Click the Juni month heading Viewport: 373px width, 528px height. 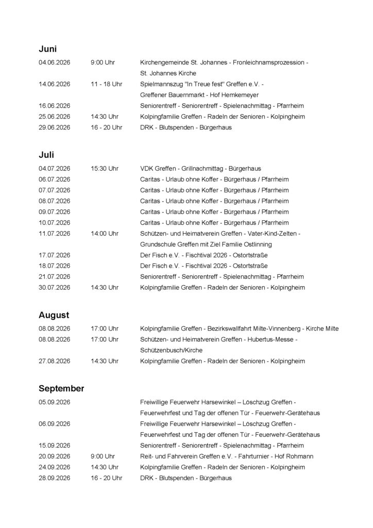point(47,49)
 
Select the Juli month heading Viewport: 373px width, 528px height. point(46,155)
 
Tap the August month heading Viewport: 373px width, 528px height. point(54,315)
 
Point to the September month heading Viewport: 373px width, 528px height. point(61,388)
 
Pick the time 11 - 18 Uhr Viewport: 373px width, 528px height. point(106,84)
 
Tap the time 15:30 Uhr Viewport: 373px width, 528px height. point(104,168)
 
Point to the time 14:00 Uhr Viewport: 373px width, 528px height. point(104,234)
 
